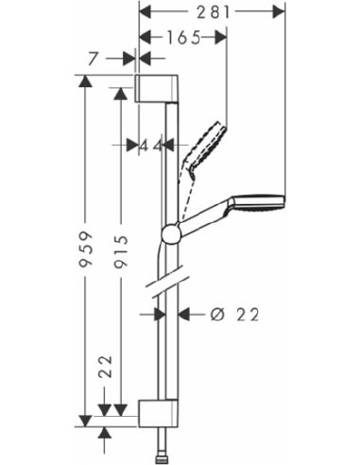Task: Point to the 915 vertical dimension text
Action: click(118, 250)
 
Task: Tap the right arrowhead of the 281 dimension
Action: click(280, 11)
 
